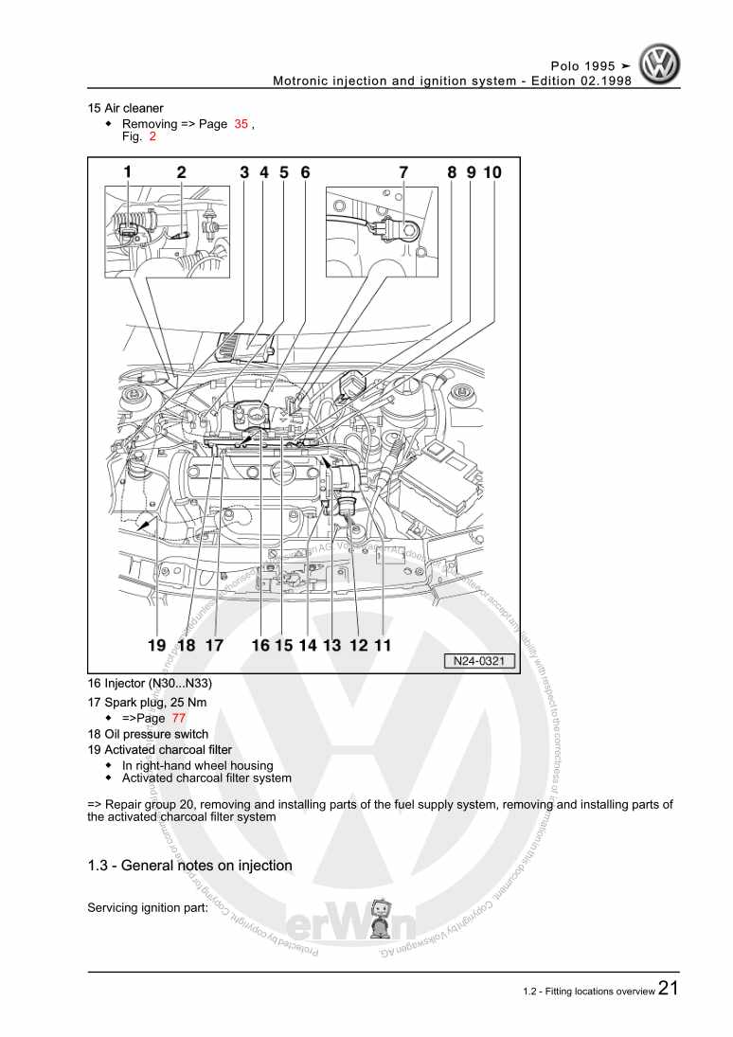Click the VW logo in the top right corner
point(659,66)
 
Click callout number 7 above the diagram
point(403,172)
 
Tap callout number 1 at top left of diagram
point(128,172)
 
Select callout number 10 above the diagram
point(492,172)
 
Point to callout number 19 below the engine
point(157,645)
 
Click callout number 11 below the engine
point(383,645)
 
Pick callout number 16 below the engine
point(260,645)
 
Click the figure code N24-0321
point(480,662)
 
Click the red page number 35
point(241,124)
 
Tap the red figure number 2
point(152,136)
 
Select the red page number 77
point(179,718)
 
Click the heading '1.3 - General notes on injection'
point(189,866)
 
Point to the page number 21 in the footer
point(668,989)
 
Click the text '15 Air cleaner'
point(125,108)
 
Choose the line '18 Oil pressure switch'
point(148,734)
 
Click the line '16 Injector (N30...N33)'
point(150,684)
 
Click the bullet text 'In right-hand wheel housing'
point(197,765)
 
